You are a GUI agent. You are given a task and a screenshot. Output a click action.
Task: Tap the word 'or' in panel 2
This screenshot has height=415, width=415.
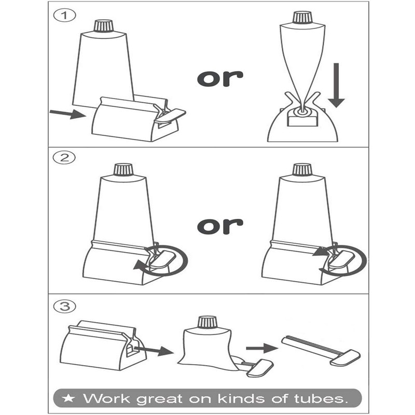click(x=220, y=226)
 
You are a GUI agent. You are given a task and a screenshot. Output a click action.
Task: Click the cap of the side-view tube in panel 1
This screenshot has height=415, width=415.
click(x=301, y=17)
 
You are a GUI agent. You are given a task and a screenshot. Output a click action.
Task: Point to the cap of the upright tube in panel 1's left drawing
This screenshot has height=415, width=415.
click(x=103, y=25)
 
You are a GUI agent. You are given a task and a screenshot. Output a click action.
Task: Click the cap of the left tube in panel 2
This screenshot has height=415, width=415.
click(x=123, y=169)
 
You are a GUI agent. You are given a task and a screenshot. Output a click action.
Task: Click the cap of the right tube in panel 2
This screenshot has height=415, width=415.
click(x=301, y=169)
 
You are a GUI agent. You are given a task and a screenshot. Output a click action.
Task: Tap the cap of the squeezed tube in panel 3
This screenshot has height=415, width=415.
click(x=207, y=322)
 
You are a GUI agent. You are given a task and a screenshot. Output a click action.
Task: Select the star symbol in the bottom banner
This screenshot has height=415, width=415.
click(x=68, y=398)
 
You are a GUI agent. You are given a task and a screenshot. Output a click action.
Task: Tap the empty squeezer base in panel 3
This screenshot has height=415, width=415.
click(x=99, y=345)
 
